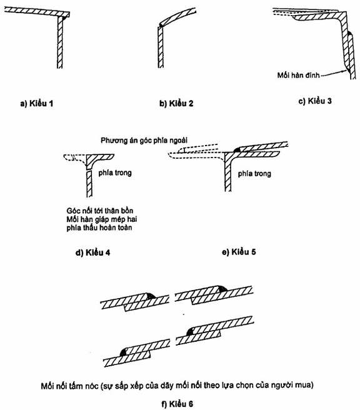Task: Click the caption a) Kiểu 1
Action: click(x=37, y=104)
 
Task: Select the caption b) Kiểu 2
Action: click(x=176, y=104)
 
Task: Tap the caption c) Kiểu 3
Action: click(x=315, y=101)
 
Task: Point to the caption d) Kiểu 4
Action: click(x=92, y=252)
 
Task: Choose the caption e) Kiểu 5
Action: click(x=239, y=252)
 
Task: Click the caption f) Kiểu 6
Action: click(x=177, y=404)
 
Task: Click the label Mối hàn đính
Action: click(x=299, y=75)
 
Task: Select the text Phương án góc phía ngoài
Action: click(x=144, y=141)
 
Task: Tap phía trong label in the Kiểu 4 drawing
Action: click(x=115, y=172)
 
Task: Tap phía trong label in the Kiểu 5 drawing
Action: click(x=254, y=174)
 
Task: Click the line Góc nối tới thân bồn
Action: click(x=100, y=211)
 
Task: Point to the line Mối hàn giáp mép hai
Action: click(x=102, y=219)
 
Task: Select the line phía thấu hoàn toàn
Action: click(x=99, y=227)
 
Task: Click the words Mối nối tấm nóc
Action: click(x=70, y=386)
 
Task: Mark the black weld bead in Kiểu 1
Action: click(x=63, y=19)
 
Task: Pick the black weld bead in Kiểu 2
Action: click(x=160, y=25)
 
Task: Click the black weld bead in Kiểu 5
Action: click(x=237, y=150)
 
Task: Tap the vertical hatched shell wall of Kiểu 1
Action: click(x=60, y=43)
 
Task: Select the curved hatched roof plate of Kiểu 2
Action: click(x=177, y=16)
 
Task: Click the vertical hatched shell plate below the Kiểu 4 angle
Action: click(x=89, y=184)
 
